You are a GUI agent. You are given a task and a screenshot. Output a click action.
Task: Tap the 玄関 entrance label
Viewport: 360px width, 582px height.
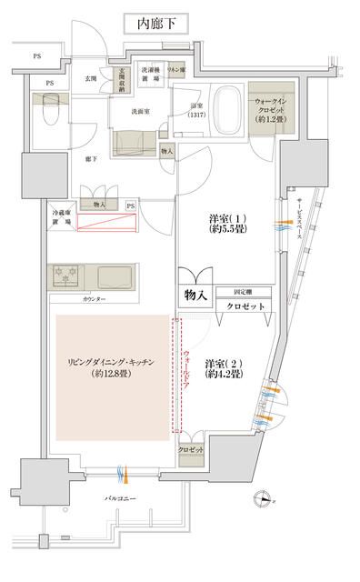pyautogui.click(x=92, y=79)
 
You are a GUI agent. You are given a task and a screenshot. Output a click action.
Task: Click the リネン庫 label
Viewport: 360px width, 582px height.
pyautogui.click(x=177, y=69)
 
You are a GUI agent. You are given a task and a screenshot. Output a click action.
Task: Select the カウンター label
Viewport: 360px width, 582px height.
pyautogui.click(x=95, y=298)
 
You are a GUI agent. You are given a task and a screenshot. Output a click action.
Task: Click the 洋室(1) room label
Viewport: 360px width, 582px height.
pyautogui.click(x=225, y=225)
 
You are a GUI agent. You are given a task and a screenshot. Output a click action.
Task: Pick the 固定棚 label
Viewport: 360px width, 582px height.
pyautogui.click(x=245, y=291)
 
